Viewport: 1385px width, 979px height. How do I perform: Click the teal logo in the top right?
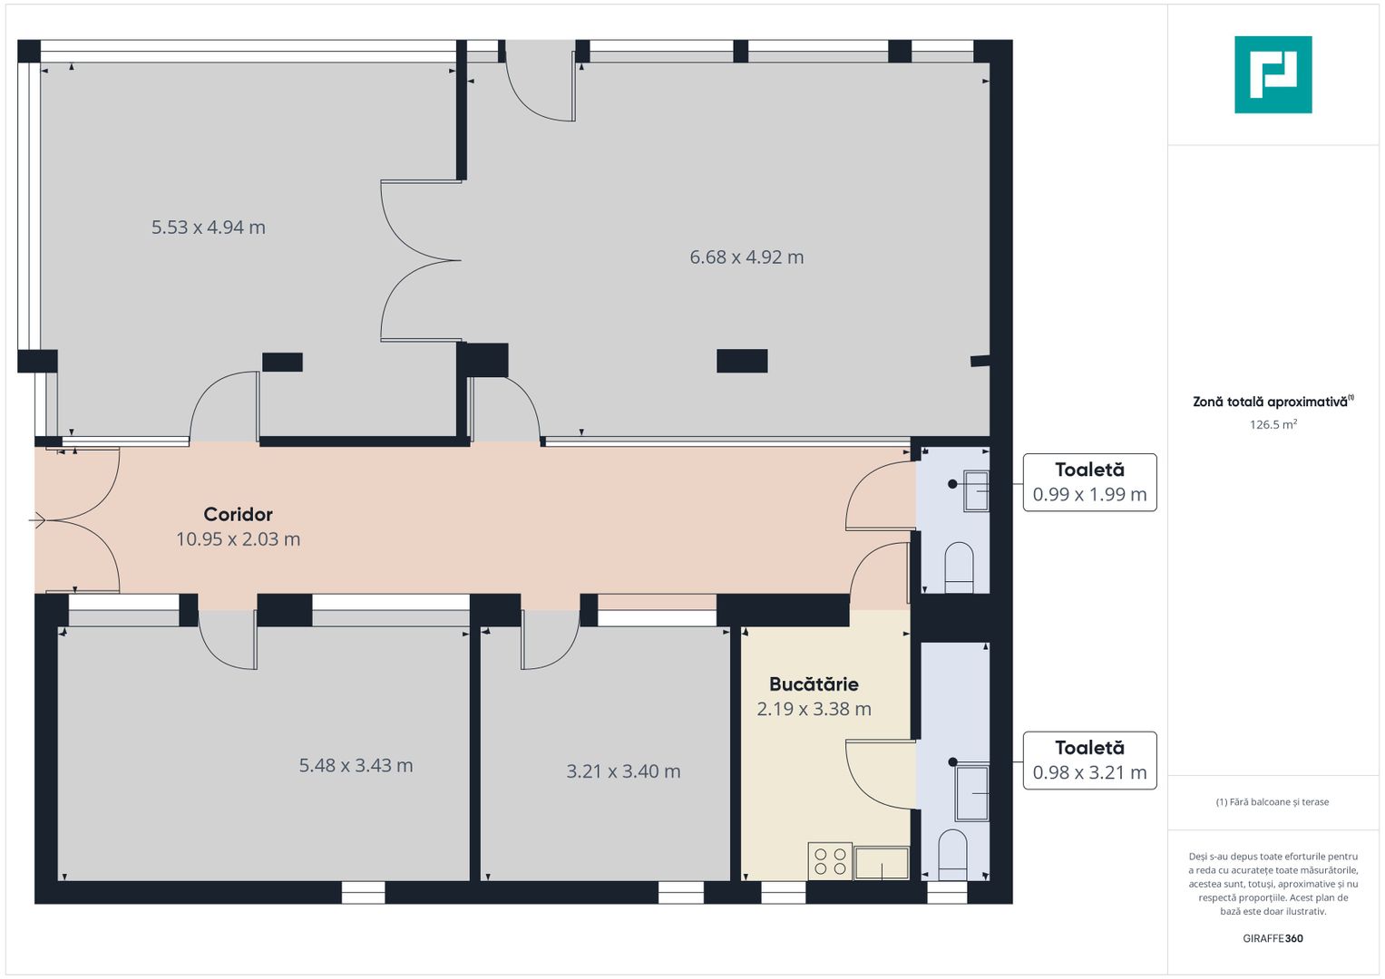pos(1273,74)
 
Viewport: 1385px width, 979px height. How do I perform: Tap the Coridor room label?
pos(238,514)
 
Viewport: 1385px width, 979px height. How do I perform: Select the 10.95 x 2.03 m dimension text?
pos(238,539)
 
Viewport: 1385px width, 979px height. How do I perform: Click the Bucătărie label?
pos(814,684)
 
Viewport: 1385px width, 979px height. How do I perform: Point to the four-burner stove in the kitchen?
pos(830,861)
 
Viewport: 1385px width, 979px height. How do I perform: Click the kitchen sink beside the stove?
pos(882,863)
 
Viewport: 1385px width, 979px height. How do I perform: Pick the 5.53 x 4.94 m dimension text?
pos(209,228)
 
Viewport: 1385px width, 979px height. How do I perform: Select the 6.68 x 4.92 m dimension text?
pos(746,257)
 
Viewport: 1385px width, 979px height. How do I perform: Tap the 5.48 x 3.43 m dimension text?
pos(356,766)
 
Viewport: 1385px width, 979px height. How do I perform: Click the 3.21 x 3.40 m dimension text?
pos(623,771)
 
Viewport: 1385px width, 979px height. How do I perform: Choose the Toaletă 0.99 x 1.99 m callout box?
pos(1089,482)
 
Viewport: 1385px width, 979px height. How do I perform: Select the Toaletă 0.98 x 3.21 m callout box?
pos(1089,761)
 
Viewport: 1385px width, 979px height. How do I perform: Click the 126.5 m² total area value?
pos(1273,424)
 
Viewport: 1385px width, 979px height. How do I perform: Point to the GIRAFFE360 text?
pos(1273,938)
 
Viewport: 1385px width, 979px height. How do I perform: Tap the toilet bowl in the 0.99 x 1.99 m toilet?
pos(959,567)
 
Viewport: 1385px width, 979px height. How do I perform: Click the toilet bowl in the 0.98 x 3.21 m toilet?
pos(952,855)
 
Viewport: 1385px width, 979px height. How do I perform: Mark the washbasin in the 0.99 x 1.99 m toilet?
pos(976,491)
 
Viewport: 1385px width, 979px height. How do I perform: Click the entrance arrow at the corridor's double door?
pos(37,521)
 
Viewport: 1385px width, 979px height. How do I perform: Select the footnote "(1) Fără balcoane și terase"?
pos(1273,802)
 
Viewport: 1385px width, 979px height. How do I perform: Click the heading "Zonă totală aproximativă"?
pos(1270,402)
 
